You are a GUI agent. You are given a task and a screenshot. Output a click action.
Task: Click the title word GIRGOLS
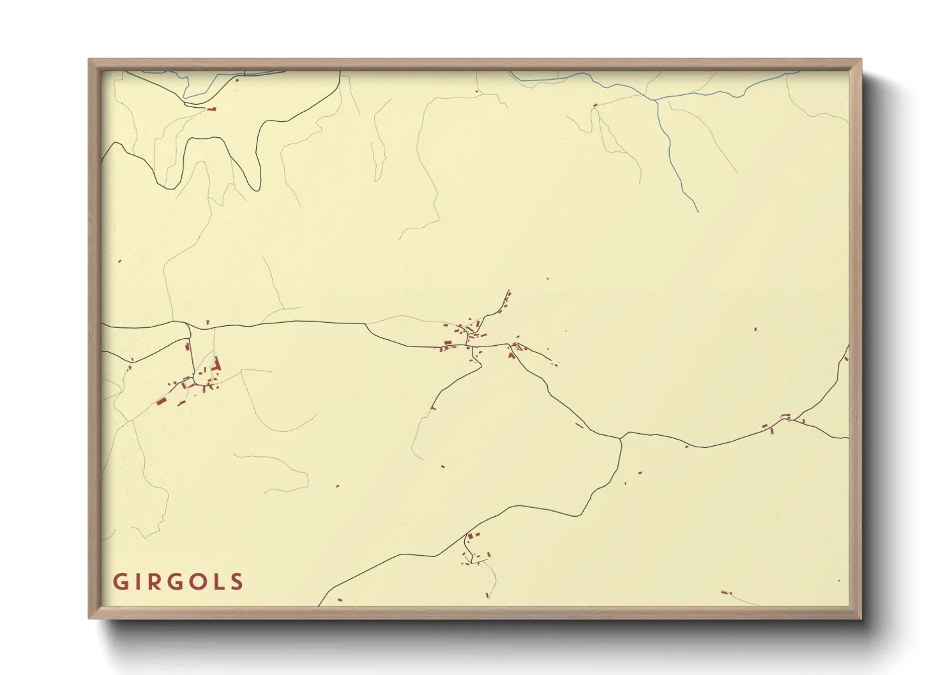point(178,582)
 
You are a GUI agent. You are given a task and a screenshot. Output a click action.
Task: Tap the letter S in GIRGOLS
point(237,582)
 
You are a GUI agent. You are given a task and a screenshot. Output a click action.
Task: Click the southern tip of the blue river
point(697,211)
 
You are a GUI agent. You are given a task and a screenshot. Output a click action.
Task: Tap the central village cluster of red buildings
point(469,335)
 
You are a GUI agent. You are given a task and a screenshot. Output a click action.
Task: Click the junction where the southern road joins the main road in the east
point(621,438)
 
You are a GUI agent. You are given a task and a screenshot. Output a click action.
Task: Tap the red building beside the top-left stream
point(211,109)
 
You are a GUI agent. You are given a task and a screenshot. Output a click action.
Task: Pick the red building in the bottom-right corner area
point(725,593)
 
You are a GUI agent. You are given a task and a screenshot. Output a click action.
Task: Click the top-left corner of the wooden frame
point(90,60)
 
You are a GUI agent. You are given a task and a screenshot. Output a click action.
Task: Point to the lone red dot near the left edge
point(119,261)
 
